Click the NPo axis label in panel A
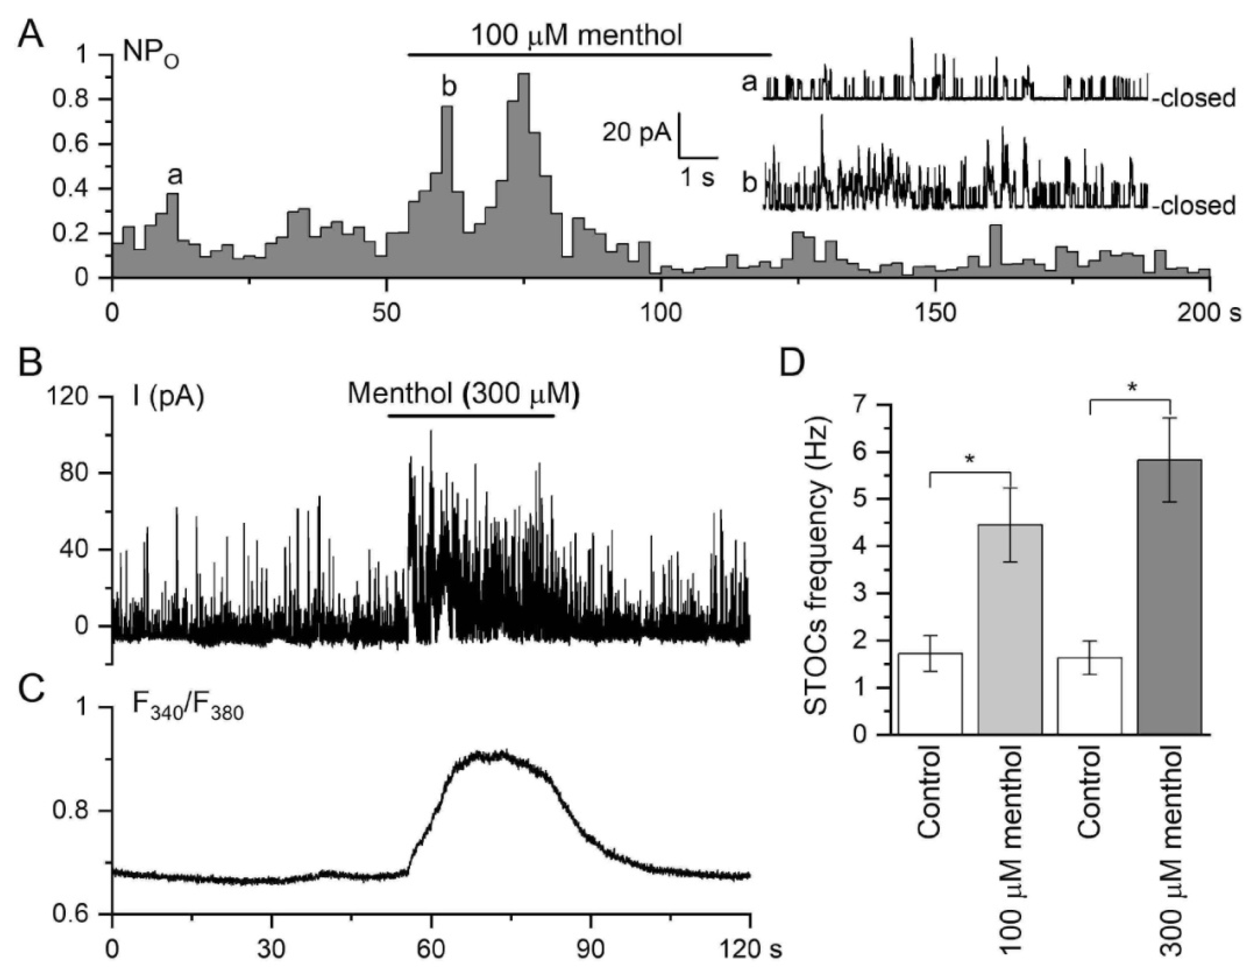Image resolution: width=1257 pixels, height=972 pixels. (151, 55)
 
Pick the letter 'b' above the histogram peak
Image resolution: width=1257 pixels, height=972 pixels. (449, 87)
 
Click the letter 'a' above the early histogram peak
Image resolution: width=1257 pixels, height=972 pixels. (175, 176)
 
